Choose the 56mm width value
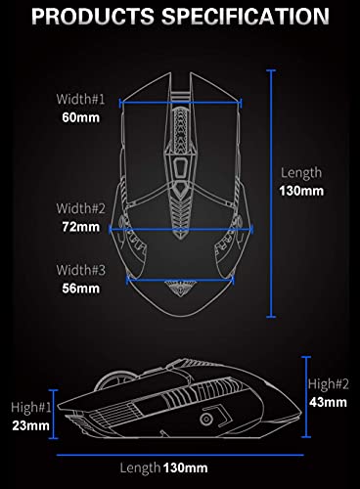tap(81, 289)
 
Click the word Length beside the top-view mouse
tap(301, 171)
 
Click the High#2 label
tap(328, 384)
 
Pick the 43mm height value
tap(328, 402)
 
